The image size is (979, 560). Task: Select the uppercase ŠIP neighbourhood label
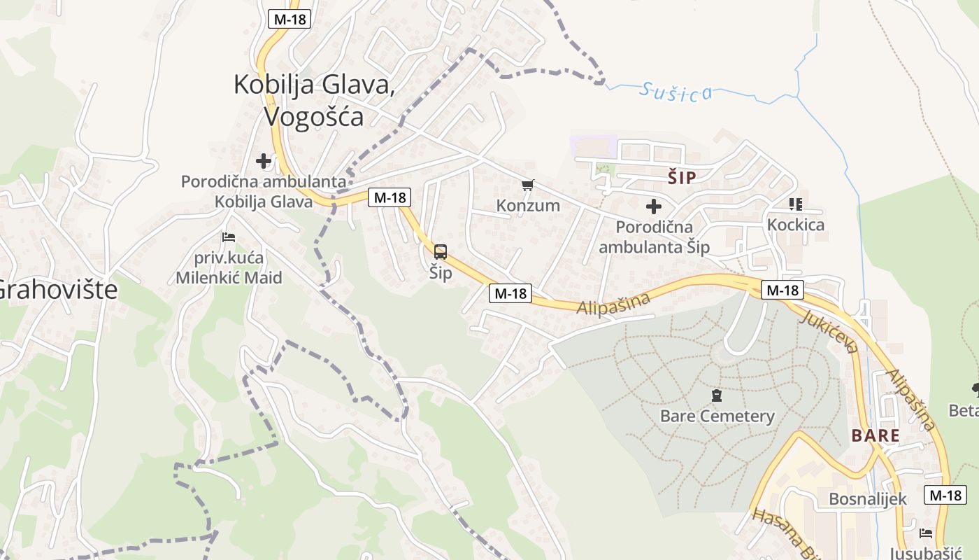(x=682, y=178)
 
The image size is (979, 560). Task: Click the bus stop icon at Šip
(x=441, y=252)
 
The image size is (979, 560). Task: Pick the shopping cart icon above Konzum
(x=528, y=185)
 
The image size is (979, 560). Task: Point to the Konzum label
(x=528, y=205)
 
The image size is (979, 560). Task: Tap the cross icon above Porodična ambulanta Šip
(x=654, y=206)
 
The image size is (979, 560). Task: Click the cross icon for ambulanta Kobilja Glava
(x=264, y=162)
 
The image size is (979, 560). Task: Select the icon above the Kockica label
(x=795, y=204)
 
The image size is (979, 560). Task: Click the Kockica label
(x=796, y=225)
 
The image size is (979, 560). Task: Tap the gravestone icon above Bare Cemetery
(x=717, y=396)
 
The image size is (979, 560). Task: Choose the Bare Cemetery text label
(x=717, y=416)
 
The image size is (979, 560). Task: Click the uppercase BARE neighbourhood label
(x=876, y=435)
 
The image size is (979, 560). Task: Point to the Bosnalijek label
(x=867, y=499)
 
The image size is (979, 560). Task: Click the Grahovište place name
(x=57, y=289)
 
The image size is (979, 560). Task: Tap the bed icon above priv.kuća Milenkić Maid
(x=229, y=238)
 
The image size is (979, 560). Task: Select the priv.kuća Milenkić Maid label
(x=229, y=267)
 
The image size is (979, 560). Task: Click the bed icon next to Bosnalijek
(x=926, y=533)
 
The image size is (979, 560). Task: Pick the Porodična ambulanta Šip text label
(x=655, y=237)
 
